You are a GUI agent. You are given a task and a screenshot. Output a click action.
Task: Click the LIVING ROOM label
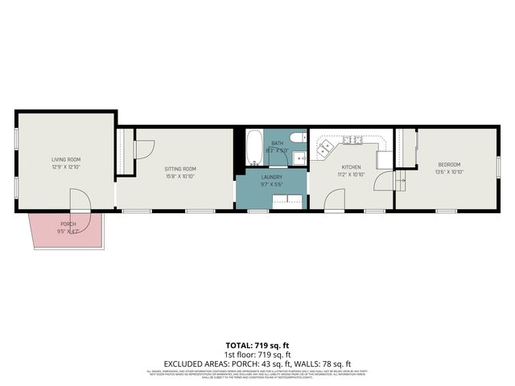point(66,159)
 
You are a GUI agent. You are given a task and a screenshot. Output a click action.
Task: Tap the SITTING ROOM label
point(180,168)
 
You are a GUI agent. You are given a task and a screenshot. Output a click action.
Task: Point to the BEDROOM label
point(449,163)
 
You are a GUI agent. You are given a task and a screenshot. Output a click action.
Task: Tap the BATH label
point(277,142)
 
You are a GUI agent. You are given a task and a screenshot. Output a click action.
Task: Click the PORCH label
point(68,224)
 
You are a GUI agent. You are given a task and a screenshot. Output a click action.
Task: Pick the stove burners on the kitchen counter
point(352,140)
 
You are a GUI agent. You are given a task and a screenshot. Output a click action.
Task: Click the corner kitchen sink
point(324,147)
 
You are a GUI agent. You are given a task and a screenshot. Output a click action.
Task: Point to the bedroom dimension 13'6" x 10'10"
point(449,170)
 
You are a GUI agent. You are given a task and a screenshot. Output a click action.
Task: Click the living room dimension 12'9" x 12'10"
point(66,166)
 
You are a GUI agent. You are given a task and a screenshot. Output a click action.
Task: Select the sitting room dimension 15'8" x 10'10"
point(180,175)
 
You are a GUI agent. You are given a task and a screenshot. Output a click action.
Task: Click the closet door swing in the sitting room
point(143,150)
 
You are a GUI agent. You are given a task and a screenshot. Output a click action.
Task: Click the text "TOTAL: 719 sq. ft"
point(257,343)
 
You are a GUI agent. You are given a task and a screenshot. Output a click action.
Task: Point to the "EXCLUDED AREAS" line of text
point(257,363)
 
